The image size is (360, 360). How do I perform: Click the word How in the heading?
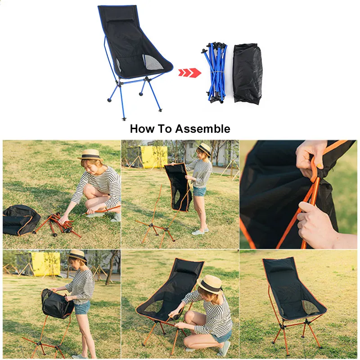[x=140, y=129]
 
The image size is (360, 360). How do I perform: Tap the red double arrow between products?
[x=189, y=72]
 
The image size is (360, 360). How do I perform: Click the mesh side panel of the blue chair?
[x=149, y=61]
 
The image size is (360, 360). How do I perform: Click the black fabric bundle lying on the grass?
[x=21, y=220]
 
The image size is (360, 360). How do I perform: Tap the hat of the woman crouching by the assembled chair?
[x=210, y=283]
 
